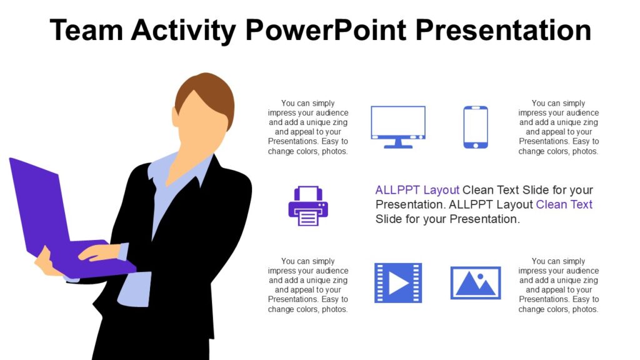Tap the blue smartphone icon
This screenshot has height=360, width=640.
(476, 127)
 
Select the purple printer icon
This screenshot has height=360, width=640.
(308, 206)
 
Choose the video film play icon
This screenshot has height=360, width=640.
(398, 282)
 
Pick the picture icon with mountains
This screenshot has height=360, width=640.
(476, 282)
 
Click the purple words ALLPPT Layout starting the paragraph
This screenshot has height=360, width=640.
(417, 190)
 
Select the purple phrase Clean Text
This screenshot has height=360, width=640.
(564, 204)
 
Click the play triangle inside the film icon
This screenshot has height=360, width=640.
(399, 282)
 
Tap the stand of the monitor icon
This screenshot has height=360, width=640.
(398, 144)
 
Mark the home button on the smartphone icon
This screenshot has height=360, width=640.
(476, 145)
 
